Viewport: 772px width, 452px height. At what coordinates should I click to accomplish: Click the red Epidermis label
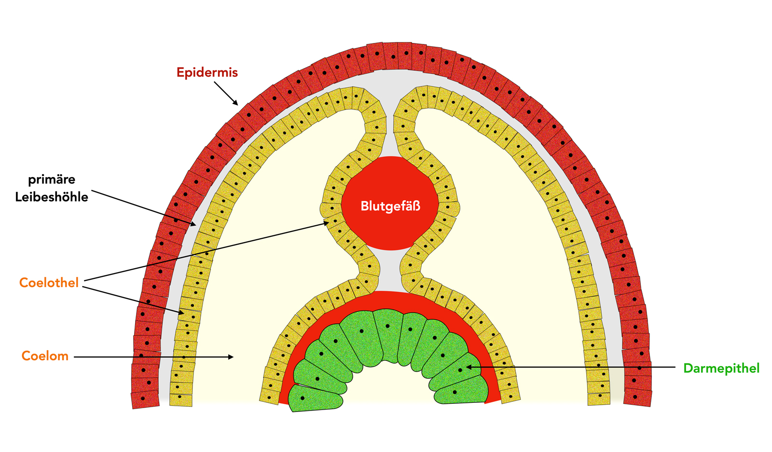(x=207, y=72)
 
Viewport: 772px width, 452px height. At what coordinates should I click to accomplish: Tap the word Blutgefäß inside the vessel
(x=390, y=206)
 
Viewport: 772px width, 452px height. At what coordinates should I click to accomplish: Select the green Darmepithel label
(x=721, y=368)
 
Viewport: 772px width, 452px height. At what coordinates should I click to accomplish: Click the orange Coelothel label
(x=49, y=282)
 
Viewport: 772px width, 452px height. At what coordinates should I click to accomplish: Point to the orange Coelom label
(x=45, y=356)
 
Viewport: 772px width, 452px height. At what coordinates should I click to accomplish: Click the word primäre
(x=52, y=179)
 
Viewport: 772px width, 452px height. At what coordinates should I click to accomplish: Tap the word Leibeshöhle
(x=52, y=197)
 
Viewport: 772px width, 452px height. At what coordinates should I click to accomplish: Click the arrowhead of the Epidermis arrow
(x=236, y=103)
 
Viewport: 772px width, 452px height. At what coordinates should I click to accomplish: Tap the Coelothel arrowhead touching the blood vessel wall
(x=328, y=223)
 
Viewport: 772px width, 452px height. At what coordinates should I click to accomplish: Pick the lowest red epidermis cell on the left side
(x=145, y=399)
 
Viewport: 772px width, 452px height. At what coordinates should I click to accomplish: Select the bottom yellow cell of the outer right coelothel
(x=599, y=399)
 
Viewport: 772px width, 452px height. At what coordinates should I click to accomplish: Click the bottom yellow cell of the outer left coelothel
(x=181, y=400)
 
